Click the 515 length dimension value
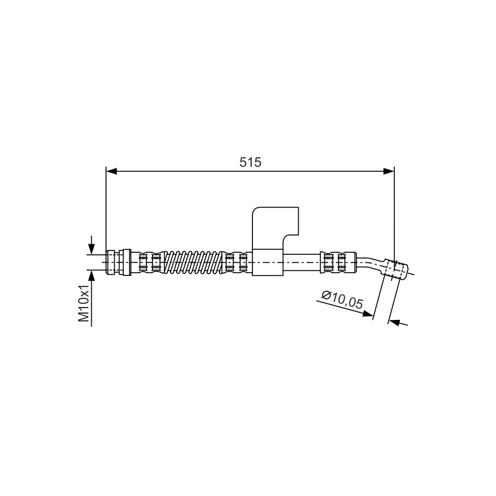250,162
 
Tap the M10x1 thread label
84,303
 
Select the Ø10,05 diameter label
342,299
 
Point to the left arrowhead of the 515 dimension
112,171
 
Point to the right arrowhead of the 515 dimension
389,171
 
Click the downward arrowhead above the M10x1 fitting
91,249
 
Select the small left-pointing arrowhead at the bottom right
394,322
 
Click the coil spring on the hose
193,262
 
